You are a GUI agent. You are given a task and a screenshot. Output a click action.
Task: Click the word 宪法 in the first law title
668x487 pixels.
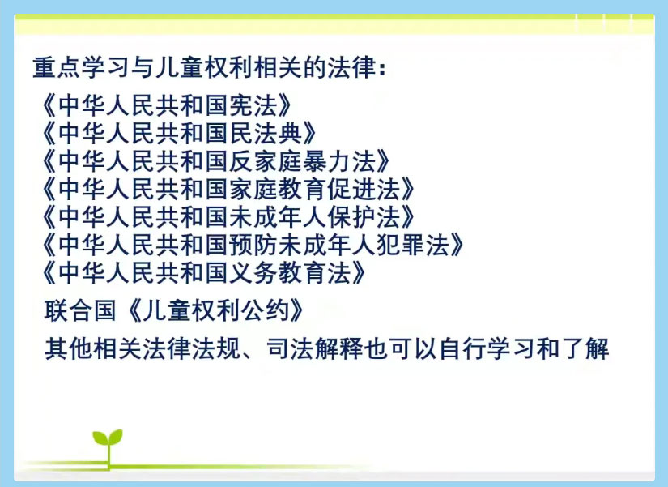(x=254, y=105)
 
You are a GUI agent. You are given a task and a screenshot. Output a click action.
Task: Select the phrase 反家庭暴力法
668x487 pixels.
(x=303, y=161)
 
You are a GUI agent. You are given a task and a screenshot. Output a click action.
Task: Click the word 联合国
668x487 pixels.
(x=80, y=310)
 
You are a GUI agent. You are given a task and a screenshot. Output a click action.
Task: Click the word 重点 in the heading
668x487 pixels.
(x=57, y=67)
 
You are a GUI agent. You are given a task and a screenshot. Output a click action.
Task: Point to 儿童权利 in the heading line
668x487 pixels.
(x=203, y=67)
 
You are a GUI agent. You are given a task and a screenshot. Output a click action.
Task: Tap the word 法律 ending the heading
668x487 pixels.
(x=351, y=67)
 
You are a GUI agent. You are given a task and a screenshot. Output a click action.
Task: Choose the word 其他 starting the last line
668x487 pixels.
(x=69, y=348)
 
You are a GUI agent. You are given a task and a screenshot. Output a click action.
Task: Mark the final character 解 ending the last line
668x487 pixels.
(x=597, y=348)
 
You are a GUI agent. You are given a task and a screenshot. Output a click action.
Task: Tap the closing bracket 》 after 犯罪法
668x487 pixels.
(x=457, y=245)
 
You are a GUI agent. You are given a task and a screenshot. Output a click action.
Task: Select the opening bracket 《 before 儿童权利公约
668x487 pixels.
(x=134, y=310)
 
